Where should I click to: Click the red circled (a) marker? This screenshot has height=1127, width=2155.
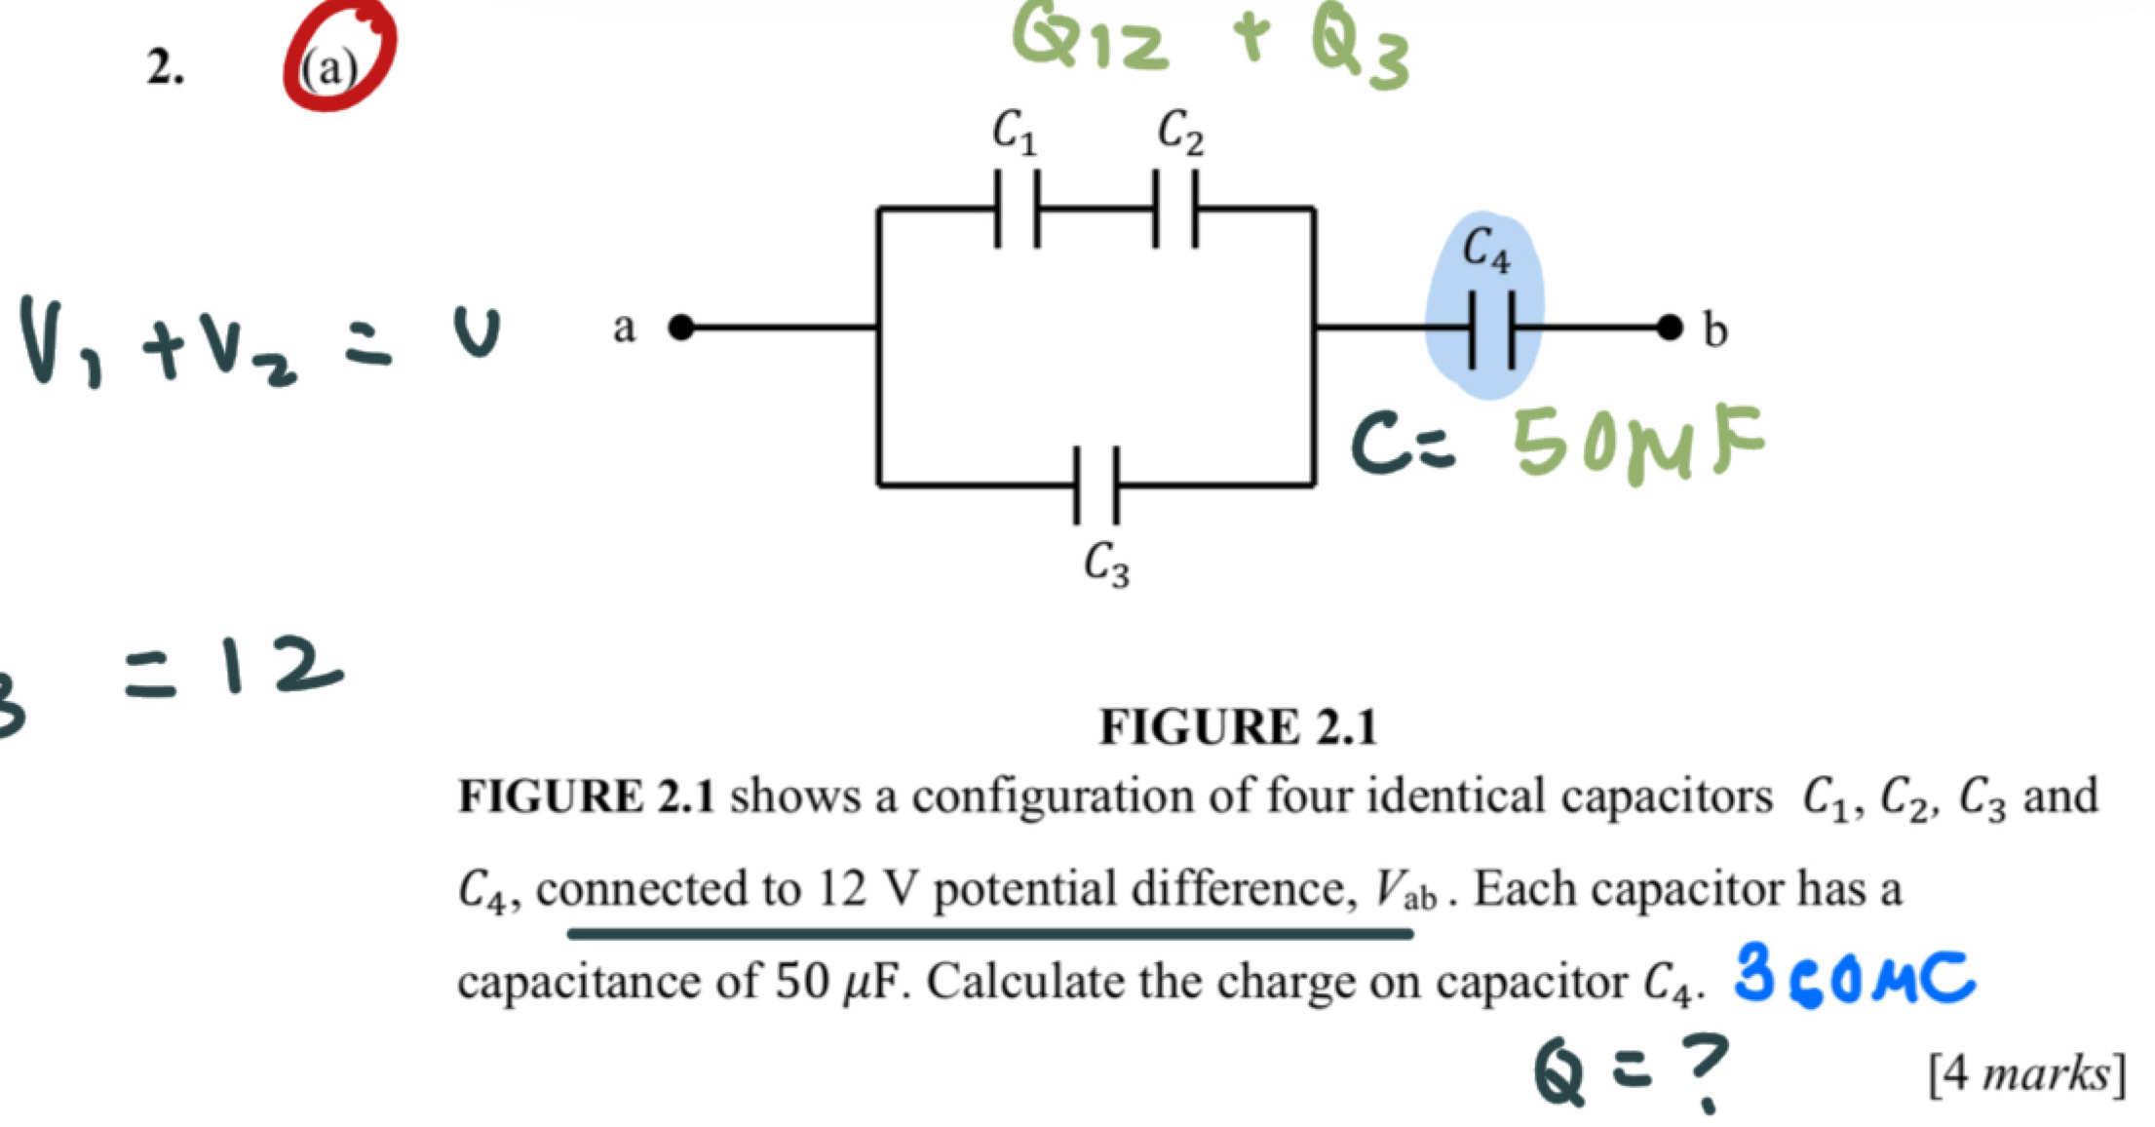[x=338, y=58]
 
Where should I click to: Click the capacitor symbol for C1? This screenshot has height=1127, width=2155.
[x=1017, y=209]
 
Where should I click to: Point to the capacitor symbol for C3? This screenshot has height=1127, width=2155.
[x=1097, y=485]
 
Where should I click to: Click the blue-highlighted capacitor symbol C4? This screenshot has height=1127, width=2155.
[x=1491, y=330]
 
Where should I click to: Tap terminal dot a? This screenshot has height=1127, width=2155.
[x=681, y=328]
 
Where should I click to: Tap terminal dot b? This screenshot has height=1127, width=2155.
[x=1671, y=328]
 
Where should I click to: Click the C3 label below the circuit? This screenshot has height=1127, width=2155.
[x=1107, y=566]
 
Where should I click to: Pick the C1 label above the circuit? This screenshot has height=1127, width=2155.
[x=1014, y=132]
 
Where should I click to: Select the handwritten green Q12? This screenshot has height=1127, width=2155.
[x=1090, y=39]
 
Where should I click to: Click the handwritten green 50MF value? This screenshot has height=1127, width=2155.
[x=1637, y=443]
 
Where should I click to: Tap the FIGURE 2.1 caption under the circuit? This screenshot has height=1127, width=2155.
[x=1238, y=727]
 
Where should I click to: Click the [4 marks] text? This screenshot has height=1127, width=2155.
[x=2025, y=1074]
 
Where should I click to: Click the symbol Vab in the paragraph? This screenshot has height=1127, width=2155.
[x=1405, y=890]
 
